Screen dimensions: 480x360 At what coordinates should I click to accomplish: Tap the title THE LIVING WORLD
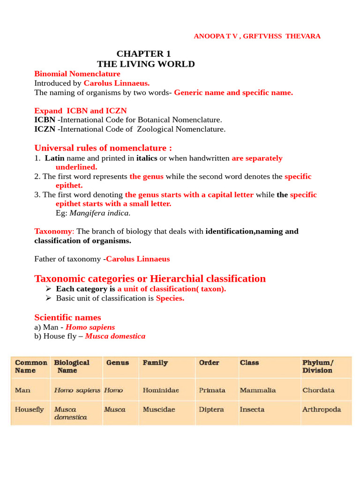coord(146,64)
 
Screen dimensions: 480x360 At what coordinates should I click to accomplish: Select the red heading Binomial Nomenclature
coord(77,74)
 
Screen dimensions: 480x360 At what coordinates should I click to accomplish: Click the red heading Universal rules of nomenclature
coord(103,148)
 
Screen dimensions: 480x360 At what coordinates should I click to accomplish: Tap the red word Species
coord(170,298)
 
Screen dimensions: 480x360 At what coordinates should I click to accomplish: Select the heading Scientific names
coord(67,317)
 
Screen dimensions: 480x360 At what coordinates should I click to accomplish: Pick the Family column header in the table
coord(155,363)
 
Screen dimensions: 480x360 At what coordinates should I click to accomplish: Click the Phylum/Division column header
coord(317,367)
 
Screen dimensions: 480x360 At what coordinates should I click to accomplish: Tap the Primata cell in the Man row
coord(212,390)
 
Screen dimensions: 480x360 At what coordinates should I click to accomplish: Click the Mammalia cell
coord(258,390)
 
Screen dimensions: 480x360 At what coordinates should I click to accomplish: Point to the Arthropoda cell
coord(322,409)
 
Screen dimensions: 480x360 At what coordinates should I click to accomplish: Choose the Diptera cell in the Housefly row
coord(211,409)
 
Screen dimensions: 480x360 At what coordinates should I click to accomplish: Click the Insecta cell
coord(252,409)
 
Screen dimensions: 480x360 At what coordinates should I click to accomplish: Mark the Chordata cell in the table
coord(318,390)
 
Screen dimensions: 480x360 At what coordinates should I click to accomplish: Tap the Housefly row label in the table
coord(30,409)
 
